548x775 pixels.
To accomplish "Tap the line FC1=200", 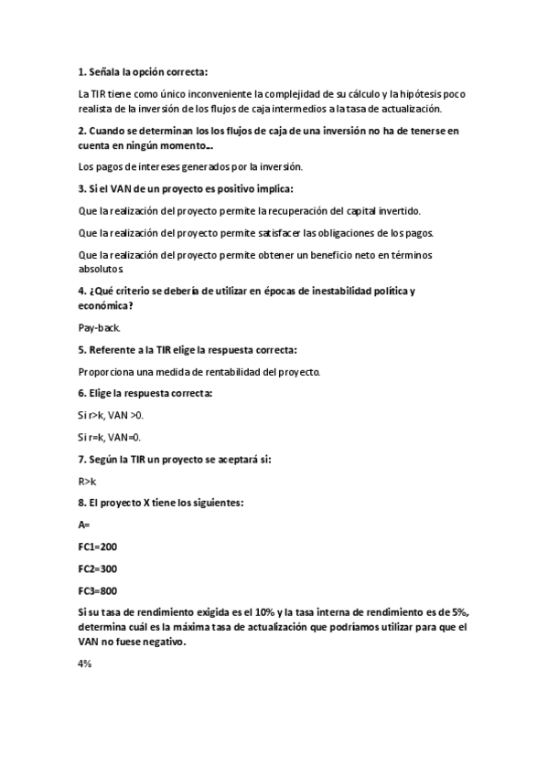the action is pyautogui.click(x=98, y=547).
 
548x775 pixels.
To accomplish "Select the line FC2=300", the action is pyautogui.click(x=98, y=568).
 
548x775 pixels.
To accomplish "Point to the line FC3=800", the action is pyautogui.click(x=98, y=590).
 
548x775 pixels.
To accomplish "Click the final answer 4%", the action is pyautogui.click(x=85, y=664).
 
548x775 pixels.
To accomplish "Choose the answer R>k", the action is pyautogui.click(x=87, y=480).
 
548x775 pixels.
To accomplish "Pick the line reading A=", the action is pyautogui.click(x=85, y=525).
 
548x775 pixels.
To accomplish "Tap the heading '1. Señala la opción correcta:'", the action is pyautogui.click(x=144, y=70).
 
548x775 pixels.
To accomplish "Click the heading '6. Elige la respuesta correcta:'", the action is pyautogui.click(x=145, y=393).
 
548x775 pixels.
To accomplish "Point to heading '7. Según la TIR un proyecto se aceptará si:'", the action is pyautogui.click(x=175, y=459).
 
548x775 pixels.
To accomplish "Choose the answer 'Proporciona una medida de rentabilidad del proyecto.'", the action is pyautogui.click(x=199, y=371).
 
